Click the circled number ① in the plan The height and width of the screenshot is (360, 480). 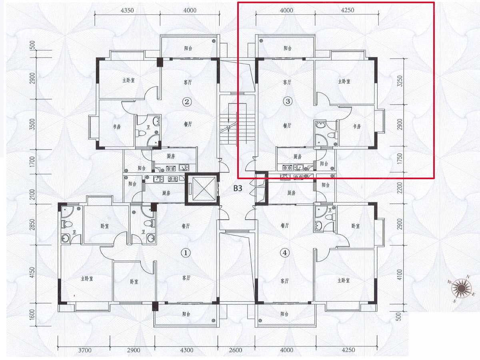coord(186,253)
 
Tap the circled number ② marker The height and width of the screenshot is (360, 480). coord(187,102)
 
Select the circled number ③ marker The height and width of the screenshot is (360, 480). coord(288,101)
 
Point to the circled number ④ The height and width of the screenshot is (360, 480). coord(284,253)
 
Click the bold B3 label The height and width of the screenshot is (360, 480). coord(238,188)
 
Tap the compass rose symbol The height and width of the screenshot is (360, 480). coord(462,288)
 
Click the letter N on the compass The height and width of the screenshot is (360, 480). coord(468,277)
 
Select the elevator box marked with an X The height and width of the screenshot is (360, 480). coord(202,189)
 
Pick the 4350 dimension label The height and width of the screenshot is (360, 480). coord(127,10)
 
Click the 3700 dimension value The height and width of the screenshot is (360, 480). coord(85,350)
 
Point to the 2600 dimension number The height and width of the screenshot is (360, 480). coord(236,350)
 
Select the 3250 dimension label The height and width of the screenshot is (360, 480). coord(400,81)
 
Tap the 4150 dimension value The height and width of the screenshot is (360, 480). coord(32,272)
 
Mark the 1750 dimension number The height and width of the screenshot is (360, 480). coord(400,159)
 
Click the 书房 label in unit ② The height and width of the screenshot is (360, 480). coord(117,127)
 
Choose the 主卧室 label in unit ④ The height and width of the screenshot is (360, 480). coord(344,280)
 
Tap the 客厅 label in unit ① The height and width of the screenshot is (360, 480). coord(186,278)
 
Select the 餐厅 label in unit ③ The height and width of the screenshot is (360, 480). coord(287,126)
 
